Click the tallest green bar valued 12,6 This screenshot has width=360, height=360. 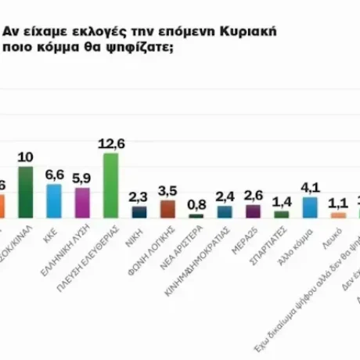[x=110, y=185]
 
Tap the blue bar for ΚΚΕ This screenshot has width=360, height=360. [x=54, y=200]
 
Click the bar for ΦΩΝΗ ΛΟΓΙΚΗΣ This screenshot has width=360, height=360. [x=167, y=209]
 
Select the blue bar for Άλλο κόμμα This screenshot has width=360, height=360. [x=310, y=207]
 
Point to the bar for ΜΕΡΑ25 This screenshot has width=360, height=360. [x=253, y=211]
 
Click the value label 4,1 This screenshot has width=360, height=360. [x=311, y=188]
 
